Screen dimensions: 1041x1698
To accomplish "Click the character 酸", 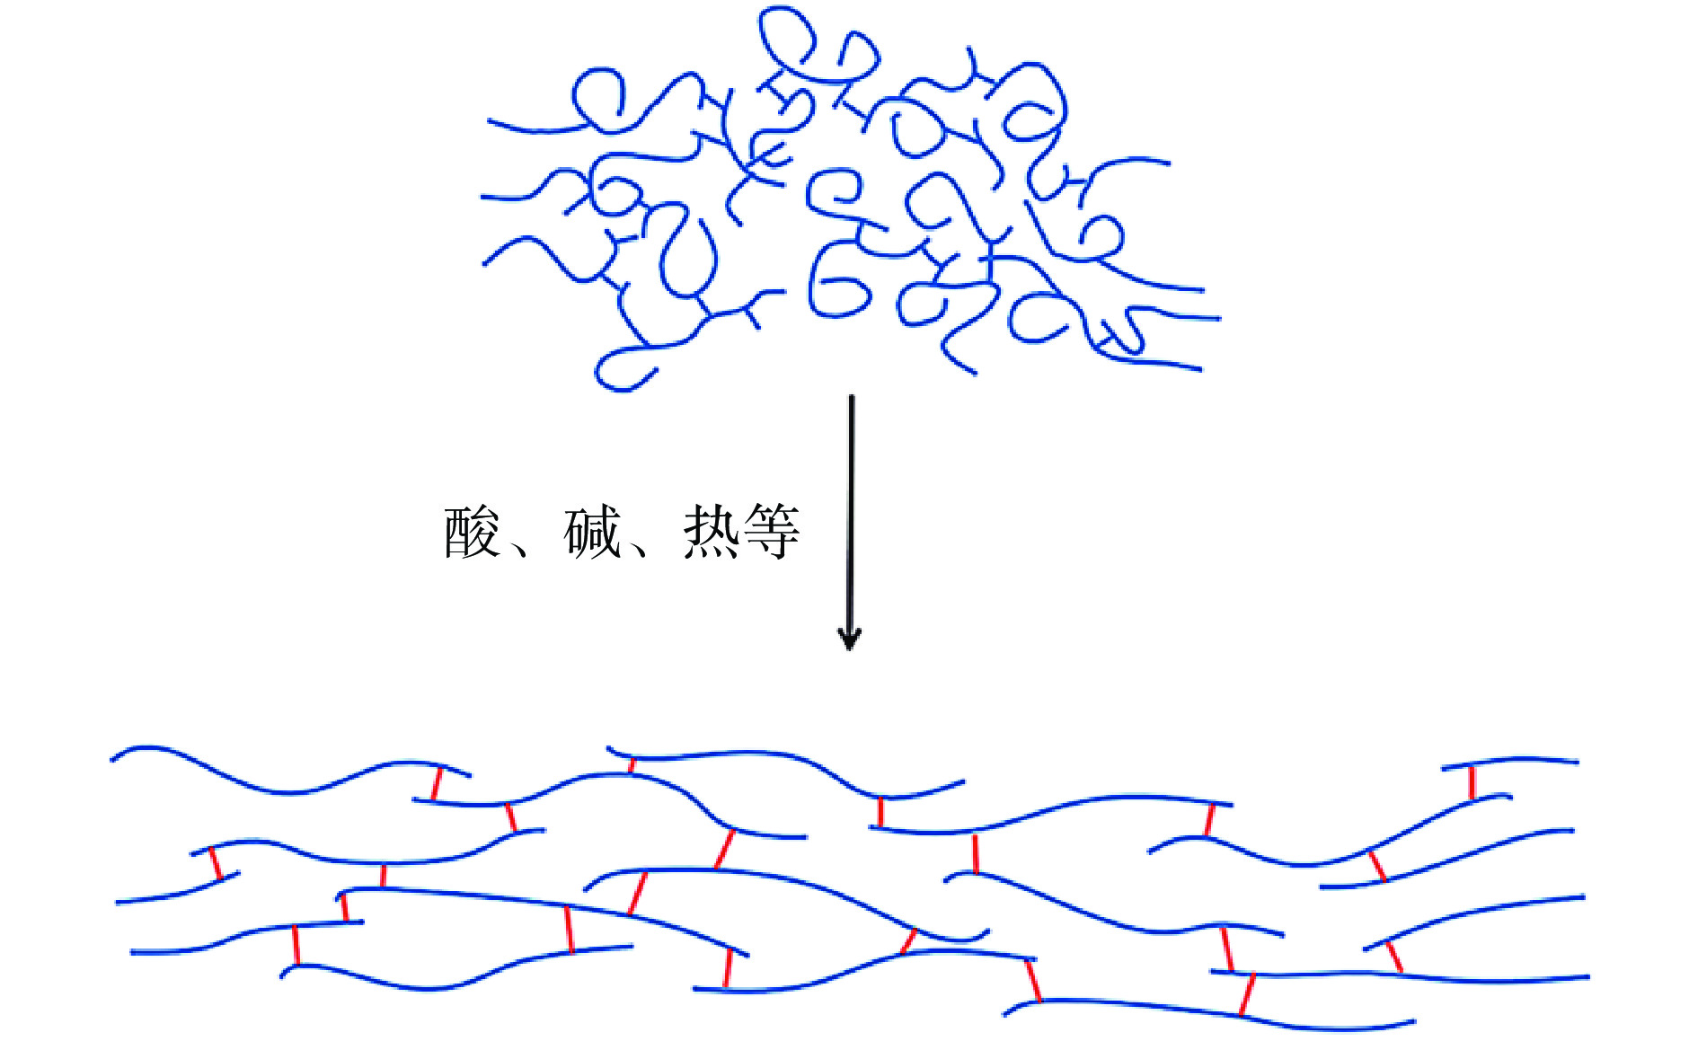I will tap(471, 533).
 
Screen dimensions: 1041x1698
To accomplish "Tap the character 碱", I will tap(592, 533).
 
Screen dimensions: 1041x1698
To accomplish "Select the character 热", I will tap(712, 533).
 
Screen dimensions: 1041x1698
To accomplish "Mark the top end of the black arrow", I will tap(852, 398).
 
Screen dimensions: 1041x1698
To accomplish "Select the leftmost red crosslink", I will tap(215, 863).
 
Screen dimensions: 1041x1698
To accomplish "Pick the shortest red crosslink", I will tap(632, 764).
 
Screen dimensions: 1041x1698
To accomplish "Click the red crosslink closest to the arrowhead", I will tap(724, 849).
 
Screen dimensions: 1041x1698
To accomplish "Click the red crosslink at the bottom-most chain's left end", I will tap(1033, 980).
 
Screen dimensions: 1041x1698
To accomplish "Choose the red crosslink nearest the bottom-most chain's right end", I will tap(1247, 994).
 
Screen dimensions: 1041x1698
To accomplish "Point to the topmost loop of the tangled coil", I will tap(787, 36).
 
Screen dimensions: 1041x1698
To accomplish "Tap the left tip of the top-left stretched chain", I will tap(112, 760).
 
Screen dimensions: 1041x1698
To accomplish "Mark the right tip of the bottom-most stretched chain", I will tap(1414, 1021).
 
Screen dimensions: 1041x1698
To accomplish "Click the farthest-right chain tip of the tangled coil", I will tap(1219, 318).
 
